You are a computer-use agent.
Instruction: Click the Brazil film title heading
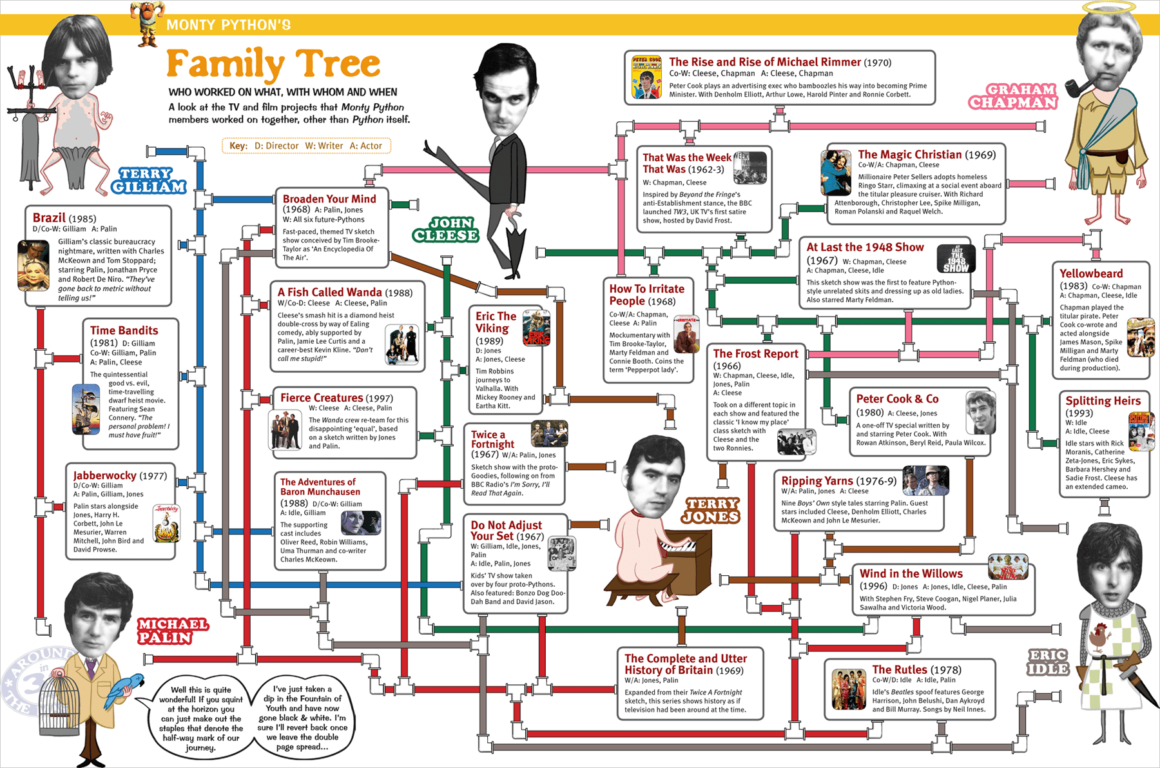[x=49, y=218]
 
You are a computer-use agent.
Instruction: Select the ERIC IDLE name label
[x=1047, y=663]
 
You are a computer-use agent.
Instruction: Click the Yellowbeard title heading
[x=1091, y=273]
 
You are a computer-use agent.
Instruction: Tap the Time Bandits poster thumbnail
[x=86, y=409]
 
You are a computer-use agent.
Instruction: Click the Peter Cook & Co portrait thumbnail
[x=980, y=412]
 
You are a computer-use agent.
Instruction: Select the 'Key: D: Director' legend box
[x=305, y=146]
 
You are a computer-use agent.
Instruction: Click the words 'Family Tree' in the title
[x=273, y=64]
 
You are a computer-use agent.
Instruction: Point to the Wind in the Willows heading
[x=911, y=573]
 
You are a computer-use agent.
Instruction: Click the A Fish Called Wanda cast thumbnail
[x=401, y=344]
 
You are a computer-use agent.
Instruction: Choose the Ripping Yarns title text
[x=817, y=480]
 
